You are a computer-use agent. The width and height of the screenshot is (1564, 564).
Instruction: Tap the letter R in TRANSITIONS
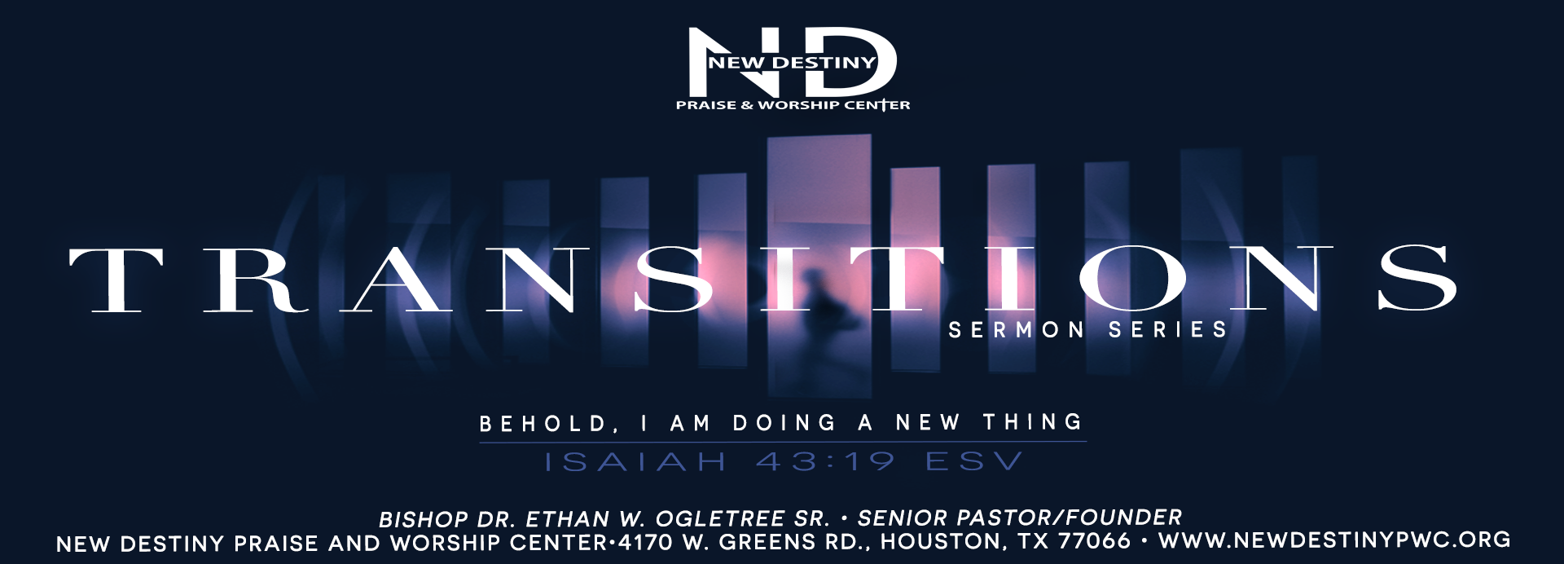256,280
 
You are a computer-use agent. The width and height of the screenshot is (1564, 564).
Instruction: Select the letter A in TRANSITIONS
396,280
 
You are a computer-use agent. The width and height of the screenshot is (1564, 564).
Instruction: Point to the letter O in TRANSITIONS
1133,279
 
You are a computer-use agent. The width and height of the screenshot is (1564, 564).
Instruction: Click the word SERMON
1016,330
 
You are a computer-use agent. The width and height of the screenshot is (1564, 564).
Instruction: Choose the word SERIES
1167,330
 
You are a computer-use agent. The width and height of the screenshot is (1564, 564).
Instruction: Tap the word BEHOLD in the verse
544,424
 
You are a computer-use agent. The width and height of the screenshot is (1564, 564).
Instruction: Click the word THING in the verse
1032,422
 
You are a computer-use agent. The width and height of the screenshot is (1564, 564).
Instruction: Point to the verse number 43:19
825,462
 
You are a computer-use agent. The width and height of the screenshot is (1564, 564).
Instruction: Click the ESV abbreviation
973,462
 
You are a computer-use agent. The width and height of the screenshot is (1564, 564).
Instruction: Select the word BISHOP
424,520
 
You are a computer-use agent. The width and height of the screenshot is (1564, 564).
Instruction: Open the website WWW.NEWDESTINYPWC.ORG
1334,540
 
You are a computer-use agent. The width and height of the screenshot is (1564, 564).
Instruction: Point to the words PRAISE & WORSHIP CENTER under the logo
793,105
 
